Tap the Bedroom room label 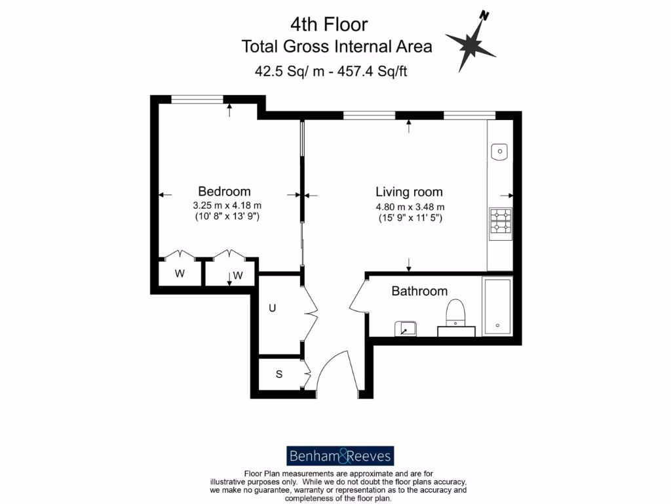tap(224, 192)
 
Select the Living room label tap(409, 192)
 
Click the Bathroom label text tap(419, 291)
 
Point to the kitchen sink tap(499, 151)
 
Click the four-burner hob tap(501, 220)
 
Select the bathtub tap(497, 306)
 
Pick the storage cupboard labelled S tap(278, 375)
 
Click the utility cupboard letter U tap(272, 306)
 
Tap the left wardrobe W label tap(180, 274)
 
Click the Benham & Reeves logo tap(340, 455)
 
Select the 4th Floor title tap(329, 24)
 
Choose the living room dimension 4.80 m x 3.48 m tap(410, 207)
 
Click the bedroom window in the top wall tap(197, 99)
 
